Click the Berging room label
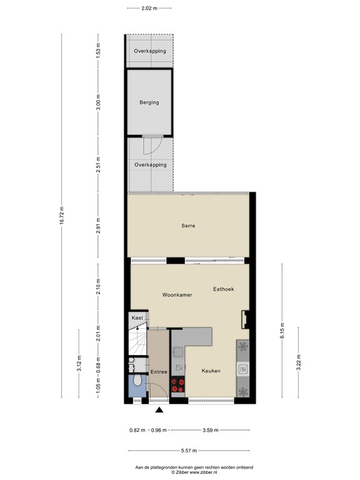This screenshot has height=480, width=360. pos(149,102)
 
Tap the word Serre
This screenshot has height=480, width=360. pos(189,226)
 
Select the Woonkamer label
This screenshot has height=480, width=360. pos(177,294)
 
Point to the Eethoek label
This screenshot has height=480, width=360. pos(223,289)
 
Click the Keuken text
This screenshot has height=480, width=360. pos(211,371)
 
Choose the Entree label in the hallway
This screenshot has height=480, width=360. pos(159,372)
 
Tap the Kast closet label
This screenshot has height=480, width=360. pos(137,318)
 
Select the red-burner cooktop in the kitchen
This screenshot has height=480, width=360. pos(178,386)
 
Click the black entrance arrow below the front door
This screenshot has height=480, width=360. pos(159,410)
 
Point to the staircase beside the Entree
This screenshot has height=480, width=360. pos(137,341)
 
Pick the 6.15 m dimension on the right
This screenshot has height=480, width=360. pos(282,329)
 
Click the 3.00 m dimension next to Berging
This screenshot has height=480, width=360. pos(97,102)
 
